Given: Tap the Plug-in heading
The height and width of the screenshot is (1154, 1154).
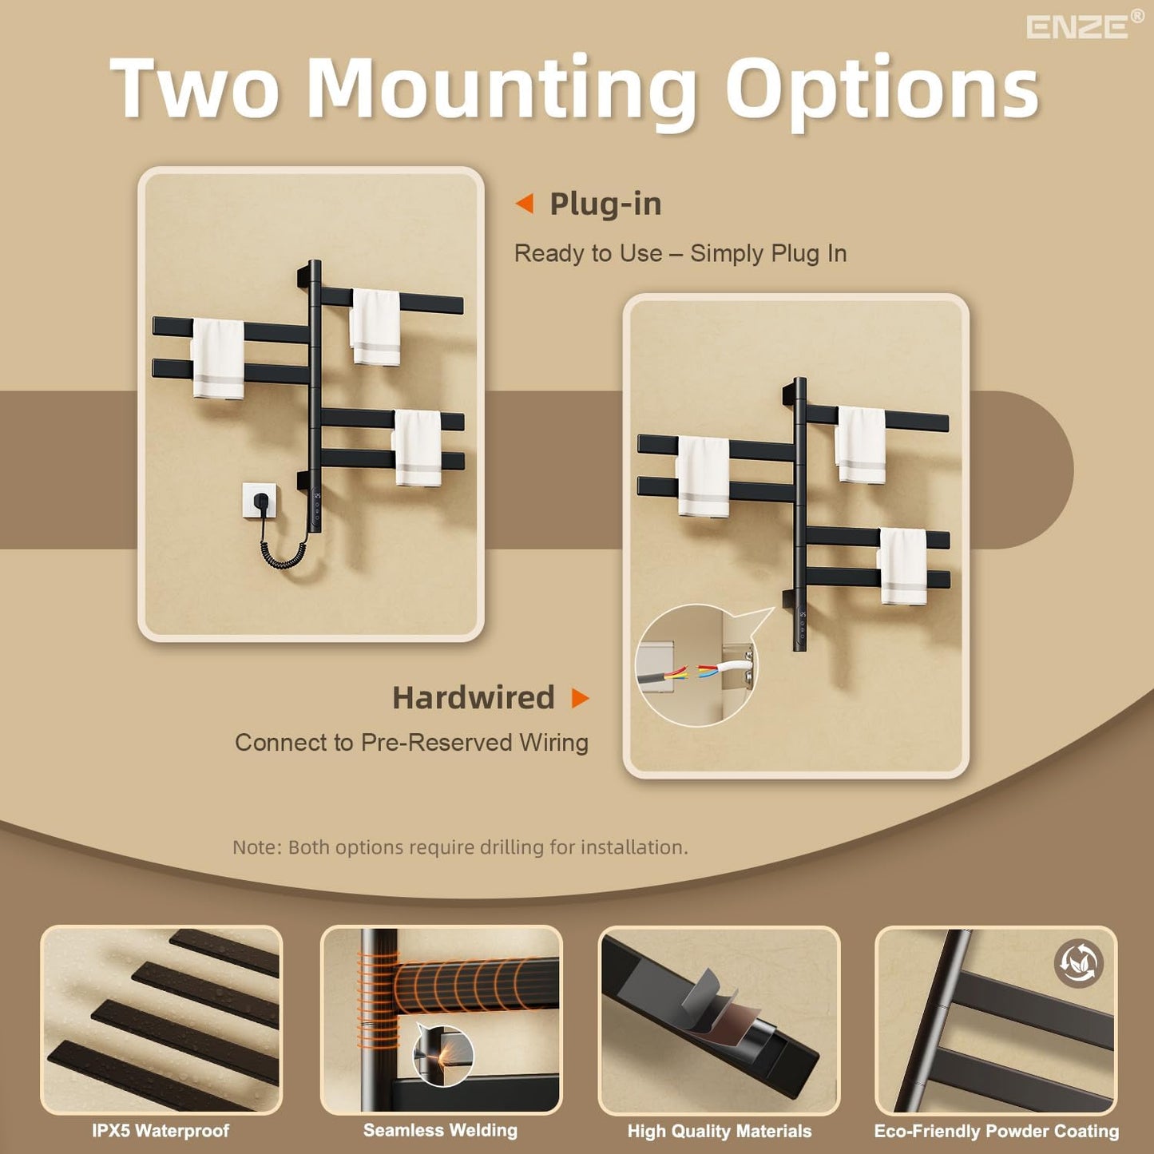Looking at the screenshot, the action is coord(605,204).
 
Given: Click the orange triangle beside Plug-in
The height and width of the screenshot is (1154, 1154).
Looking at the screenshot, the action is coord(525,204).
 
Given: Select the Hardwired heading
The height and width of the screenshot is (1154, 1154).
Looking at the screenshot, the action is coord(473,698).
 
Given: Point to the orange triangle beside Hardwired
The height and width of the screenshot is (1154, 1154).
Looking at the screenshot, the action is coord(581,698).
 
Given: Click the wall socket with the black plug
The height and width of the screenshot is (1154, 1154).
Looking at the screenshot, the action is coord(260,502).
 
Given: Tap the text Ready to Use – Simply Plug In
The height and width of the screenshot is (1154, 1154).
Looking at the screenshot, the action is coord(680,253).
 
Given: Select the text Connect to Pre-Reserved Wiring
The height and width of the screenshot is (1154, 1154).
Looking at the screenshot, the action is coord(411,743).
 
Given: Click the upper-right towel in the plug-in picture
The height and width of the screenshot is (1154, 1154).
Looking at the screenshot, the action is coord(375,327).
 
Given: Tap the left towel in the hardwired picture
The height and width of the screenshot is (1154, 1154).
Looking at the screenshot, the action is coord(704,477).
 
